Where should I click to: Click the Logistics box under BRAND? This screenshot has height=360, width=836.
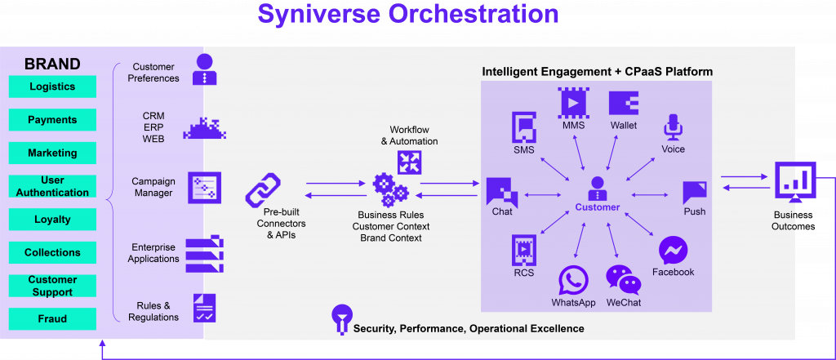coord(52,87)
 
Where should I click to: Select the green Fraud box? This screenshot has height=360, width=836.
coord(52,319)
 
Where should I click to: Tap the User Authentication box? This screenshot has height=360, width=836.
coord(52,186)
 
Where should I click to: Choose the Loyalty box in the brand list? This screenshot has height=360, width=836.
coord(52,220)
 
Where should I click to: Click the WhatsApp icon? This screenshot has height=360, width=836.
coord(574,281)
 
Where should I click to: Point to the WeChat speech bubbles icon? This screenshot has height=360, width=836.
coord(623,280)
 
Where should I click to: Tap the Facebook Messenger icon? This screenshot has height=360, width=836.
coord(674,251)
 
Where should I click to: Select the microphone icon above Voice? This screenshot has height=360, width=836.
coord(673,127)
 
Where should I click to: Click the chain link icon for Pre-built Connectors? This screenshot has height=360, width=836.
coord(262,190)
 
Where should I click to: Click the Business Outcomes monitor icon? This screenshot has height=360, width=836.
coord(794,183)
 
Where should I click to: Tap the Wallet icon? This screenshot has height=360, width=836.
coord(623,104)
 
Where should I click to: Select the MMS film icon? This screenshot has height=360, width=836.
coord(574,103)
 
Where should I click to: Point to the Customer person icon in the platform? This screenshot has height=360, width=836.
coord(597,189)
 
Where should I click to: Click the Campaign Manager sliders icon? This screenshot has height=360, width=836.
coord(204,188)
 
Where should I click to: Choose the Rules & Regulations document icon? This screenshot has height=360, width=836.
coord(204,309)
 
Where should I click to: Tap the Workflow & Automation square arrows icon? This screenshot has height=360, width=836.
coord(410,162)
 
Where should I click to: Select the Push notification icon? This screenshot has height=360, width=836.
coord(695,193)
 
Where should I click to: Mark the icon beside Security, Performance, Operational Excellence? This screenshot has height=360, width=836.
coord(341,319)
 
